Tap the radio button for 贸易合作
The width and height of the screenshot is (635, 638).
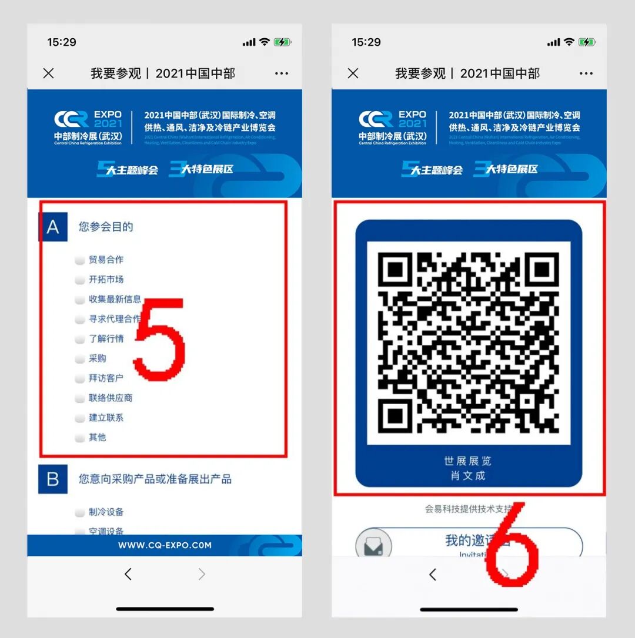pos(80,260)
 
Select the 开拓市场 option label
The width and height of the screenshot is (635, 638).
pos(106,280)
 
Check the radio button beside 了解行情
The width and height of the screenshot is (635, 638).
pos(80,340)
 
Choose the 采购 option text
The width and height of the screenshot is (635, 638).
pos(98,358)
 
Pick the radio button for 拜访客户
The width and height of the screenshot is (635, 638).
pos(80,379)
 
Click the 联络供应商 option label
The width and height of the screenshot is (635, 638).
pos(111,398)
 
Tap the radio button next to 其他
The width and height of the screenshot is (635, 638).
pos(80,438)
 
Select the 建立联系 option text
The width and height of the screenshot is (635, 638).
pos(106,418)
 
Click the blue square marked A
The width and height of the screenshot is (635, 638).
pos(52,227)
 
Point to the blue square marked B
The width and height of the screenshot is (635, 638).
pos(53,479)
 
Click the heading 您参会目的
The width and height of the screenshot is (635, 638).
pos(106,227)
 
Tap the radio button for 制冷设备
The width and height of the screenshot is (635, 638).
pos(80,513)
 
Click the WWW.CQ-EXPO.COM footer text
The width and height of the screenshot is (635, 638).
pos(165,545)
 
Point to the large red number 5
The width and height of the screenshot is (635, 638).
pos(159,338)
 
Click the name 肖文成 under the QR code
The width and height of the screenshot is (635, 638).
pos(468,476)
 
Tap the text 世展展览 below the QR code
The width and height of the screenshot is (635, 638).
pos(468,461)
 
